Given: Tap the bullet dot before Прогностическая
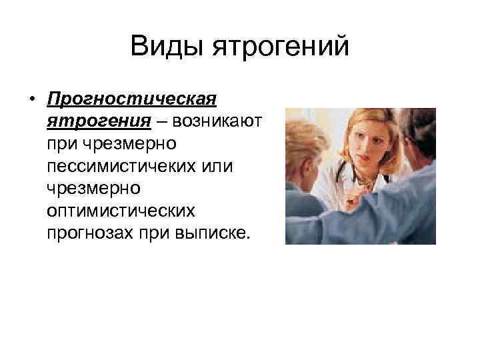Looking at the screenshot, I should click(x=31, y=100).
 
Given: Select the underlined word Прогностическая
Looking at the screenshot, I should click(x=131, y=99).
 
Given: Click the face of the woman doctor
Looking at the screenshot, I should click(x=364, y=146).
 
